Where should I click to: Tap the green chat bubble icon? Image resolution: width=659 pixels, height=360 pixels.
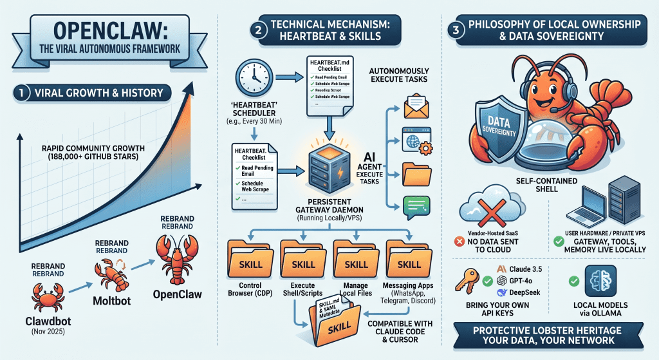(x=415, y=205)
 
